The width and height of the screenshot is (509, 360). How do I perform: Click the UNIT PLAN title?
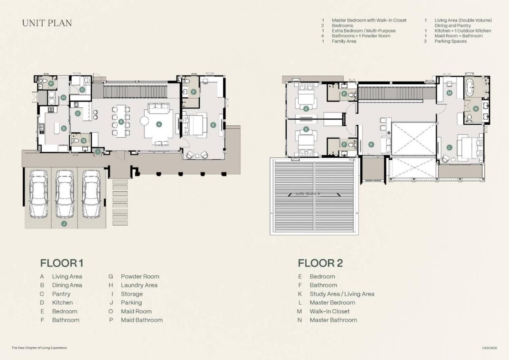(x=47, y=23)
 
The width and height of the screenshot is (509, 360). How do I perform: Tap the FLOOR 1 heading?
(x=62, y=263)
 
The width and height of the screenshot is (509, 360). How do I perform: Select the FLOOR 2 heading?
(x=320, y=263)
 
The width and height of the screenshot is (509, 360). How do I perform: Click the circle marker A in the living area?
(x=159, y=124)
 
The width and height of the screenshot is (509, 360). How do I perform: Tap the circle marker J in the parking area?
(x=64, y=224)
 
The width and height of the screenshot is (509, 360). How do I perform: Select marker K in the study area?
(x=371, y=144)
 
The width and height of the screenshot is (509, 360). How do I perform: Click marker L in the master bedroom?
(x=449, y=147)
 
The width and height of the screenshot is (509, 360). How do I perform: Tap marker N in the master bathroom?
(x=476, y=109)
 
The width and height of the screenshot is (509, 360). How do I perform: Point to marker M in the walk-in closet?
(x=449, y=93)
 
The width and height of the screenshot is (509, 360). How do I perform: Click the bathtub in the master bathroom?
(x=470, y=88)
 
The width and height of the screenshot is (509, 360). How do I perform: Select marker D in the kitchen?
(x=64, y=128)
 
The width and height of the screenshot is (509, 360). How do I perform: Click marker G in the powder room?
(x=84, y=140)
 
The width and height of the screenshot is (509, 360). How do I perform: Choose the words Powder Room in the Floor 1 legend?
(x=140, y=276)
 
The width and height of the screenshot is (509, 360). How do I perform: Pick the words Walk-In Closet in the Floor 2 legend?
(x=330, y=311)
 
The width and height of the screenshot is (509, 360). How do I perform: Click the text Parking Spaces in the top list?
(x=451, y=41)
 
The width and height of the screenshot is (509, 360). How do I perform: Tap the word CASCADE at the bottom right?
(x=490, y=348)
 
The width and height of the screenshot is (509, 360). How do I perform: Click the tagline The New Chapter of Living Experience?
(x=39, y=348)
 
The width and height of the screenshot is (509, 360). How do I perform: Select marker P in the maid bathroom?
(x=51, y=84)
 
